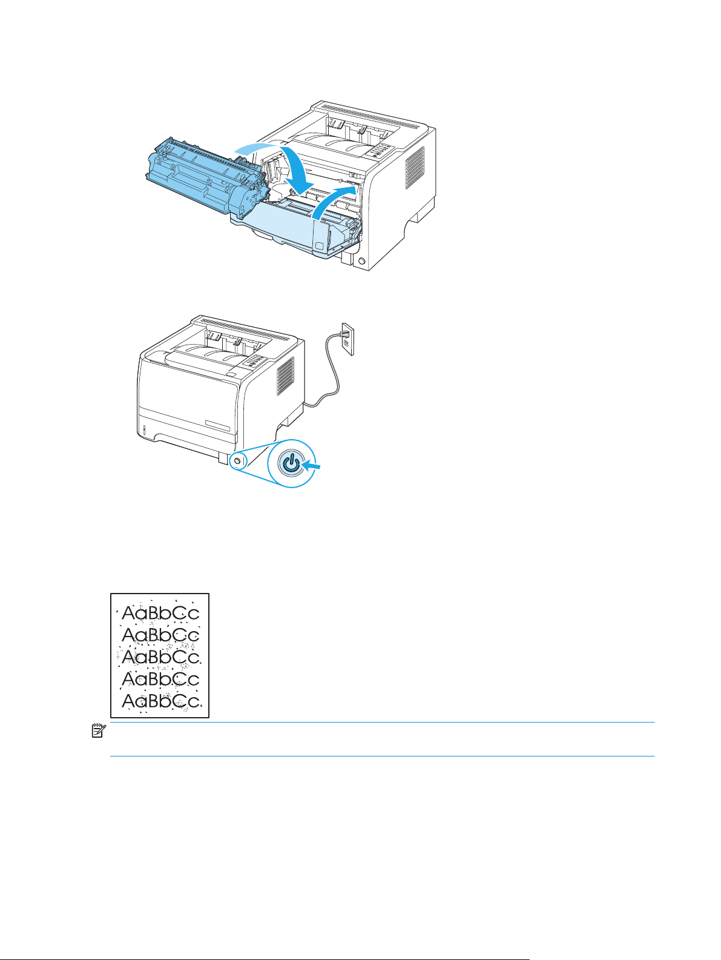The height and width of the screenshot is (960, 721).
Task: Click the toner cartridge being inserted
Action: (200, 179)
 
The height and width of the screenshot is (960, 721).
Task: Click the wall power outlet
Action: (346, 338)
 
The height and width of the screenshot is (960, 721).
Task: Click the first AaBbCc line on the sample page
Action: (160, 613)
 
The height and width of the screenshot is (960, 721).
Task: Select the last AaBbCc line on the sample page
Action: (160, 701)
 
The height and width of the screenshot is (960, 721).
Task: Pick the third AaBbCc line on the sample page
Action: (160, 657)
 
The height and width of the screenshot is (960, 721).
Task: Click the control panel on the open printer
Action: (379, 151)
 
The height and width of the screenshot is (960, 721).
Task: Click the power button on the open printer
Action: (362, 261)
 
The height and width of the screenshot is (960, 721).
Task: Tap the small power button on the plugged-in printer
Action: (237, 461)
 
